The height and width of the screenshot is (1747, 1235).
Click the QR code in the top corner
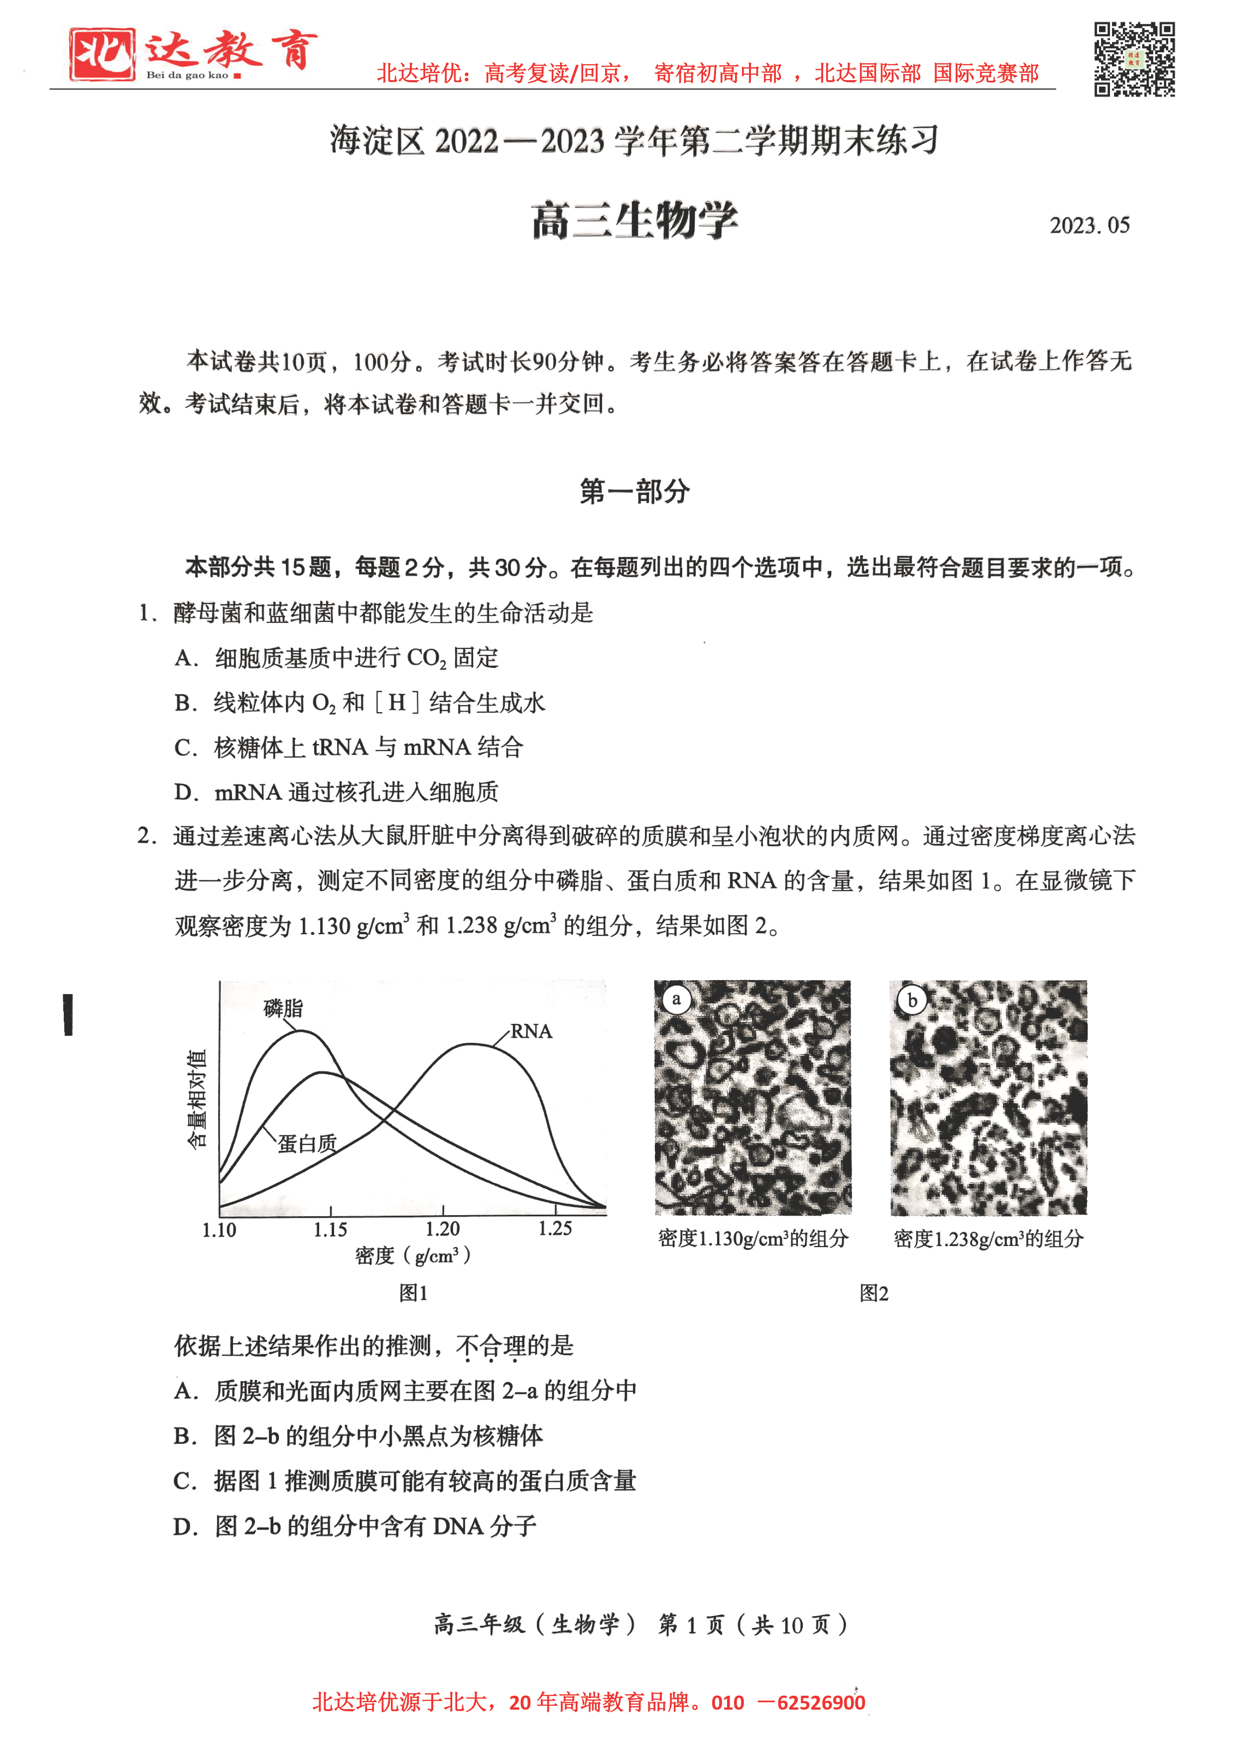(1134, 59)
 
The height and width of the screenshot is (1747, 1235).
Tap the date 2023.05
(1089, 225)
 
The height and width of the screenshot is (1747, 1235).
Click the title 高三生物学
(634, 221)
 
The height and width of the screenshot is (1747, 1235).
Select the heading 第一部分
(634, 491)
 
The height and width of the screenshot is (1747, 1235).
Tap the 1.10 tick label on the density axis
(219, 1230)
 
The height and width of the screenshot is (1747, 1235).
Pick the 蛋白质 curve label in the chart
(307, 1143)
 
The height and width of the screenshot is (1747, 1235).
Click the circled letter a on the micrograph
(676, 999)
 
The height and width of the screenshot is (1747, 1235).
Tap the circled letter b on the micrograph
(912, 1000)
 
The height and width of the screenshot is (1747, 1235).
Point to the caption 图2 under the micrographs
(873, 1293)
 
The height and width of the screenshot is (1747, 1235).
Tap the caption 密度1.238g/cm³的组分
(988, 1239)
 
